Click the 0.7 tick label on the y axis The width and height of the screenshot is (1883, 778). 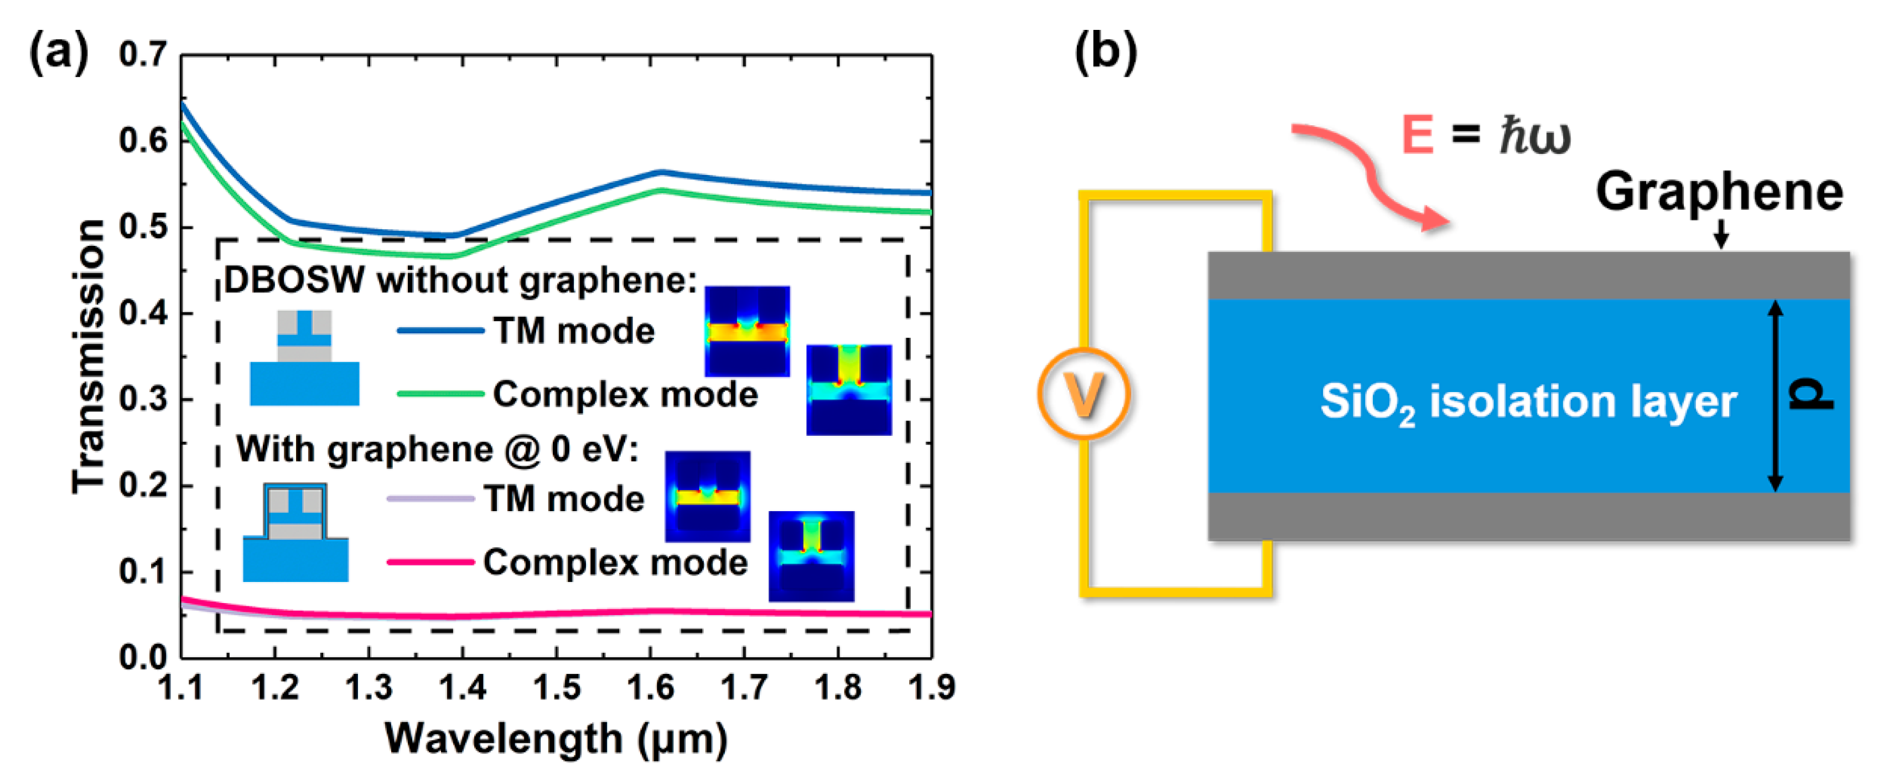(x=143, y=55)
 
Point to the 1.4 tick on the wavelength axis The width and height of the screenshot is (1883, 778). (x=462, y=687)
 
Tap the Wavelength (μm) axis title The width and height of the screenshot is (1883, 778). (x=556, y=739)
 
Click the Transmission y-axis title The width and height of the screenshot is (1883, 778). (x=89, y=356)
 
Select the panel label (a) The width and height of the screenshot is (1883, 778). (x=59, y=53)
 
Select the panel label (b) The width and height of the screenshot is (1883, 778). (x=1105, y=53)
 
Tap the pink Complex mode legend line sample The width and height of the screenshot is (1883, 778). (x=430, y=561)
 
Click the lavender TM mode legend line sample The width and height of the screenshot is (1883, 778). (x=430, y=499)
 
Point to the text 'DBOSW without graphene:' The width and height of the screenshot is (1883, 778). (x=460, y=280)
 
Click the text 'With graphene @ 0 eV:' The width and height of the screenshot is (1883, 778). (x=437, y=449)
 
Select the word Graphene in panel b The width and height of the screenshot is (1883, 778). (x=1719, y=192)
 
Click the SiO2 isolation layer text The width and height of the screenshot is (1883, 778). (x=1528, y=402)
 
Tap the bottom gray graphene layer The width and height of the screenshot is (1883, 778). (x=1528, y=516)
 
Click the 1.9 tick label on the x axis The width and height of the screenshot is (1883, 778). (x=931, y=687)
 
